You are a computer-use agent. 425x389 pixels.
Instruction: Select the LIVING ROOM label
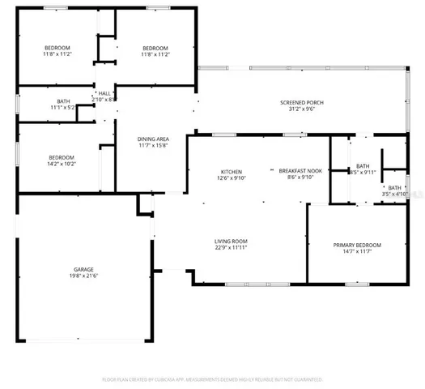point(231,241)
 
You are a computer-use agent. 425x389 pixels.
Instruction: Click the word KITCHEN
point(232,171)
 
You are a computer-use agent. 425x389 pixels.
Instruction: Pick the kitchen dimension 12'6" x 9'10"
point(232,179)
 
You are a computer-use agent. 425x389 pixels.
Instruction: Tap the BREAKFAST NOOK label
point(301,171)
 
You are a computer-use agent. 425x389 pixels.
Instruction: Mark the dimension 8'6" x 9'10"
point(301,179)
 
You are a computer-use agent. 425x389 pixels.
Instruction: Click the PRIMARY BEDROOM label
point(357,245)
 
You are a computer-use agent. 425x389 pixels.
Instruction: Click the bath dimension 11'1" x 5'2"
point(62,107)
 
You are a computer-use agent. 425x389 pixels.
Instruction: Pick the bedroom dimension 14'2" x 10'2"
point(62,165)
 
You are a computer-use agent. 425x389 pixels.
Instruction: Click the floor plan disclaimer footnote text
point(212,378)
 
